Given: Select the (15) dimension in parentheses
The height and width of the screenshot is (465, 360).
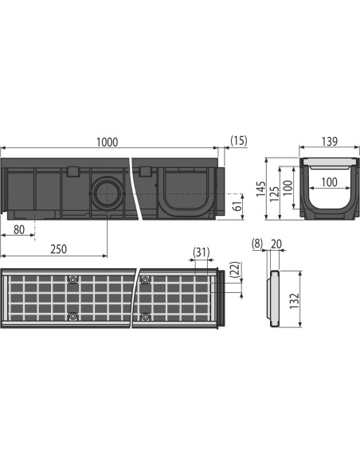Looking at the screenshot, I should pos(238,141).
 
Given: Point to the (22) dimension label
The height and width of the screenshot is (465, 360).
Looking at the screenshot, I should pos(235,270).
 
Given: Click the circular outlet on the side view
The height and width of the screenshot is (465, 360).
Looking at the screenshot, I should pos(105,193).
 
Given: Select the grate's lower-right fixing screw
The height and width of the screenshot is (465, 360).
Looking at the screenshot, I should pos(145,317).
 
